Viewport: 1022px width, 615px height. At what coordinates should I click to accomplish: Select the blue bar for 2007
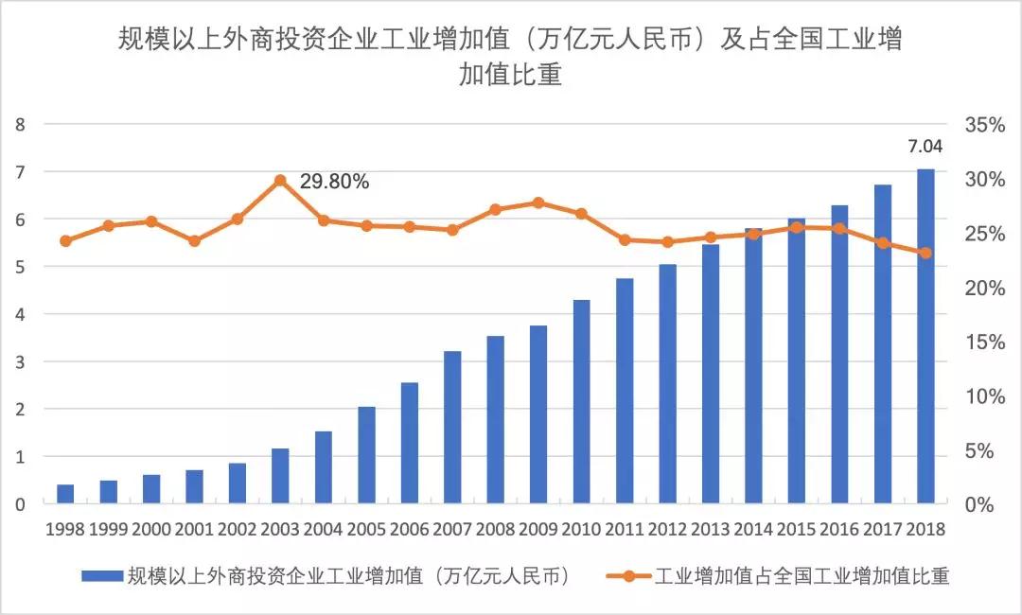click(452, 427)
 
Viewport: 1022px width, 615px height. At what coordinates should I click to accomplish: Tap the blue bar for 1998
click(65, 494)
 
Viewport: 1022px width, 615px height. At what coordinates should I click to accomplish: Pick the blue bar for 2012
click(668, 383)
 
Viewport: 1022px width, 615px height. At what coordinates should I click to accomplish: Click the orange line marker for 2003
click(280, 180)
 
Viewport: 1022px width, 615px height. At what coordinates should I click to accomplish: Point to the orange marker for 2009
click(538, 202)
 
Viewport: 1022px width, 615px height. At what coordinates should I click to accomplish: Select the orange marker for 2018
click(925, 253)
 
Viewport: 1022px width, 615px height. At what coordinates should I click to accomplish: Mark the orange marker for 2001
click(194, 241)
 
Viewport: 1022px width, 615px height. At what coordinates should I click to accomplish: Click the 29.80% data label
click(334, 182)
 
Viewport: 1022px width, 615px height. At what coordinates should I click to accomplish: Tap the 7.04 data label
click(925, 147)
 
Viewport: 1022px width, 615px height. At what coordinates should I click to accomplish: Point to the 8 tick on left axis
click(20, 124)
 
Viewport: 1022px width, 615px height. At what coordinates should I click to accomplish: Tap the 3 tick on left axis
click(20, 361)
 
